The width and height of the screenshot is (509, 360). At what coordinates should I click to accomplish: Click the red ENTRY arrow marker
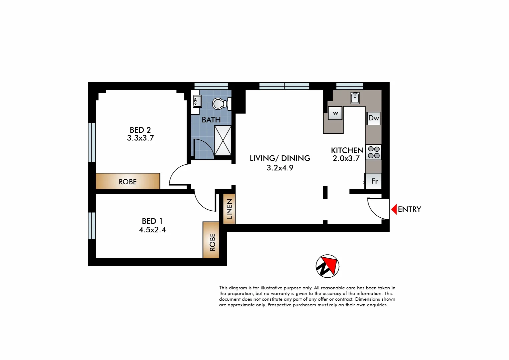coord(394,209)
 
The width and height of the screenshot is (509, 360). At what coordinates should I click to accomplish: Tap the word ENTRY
coord(409,209)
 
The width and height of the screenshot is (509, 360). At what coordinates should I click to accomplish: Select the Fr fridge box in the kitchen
coord(374,181)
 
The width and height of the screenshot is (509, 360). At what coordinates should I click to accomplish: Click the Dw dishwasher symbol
coord(374,118)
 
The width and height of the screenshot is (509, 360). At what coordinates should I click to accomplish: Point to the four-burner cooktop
coord(374,152)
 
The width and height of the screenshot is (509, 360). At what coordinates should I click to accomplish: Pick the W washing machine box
coord(335,113)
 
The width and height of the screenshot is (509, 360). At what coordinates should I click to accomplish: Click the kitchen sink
coord(355,98)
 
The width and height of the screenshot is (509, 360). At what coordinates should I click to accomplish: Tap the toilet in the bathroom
coord(220,104)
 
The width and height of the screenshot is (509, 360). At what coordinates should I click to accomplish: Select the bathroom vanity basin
coord(196,101)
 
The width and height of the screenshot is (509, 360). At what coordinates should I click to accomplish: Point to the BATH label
coord(211,120)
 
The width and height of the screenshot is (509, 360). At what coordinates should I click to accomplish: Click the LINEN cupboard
coord(229,209)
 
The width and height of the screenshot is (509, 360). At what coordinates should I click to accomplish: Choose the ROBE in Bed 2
coord(128,181)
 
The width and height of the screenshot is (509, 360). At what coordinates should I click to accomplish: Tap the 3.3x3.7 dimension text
coord(140,138)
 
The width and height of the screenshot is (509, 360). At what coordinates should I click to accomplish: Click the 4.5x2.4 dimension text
coord(152,230)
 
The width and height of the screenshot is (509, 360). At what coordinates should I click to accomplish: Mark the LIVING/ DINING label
coord(280,158)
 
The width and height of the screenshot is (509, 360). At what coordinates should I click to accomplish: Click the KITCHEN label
coord(347,150)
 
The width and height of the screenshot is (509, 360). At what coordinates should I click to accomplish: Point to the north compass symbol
coord(328,266)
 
